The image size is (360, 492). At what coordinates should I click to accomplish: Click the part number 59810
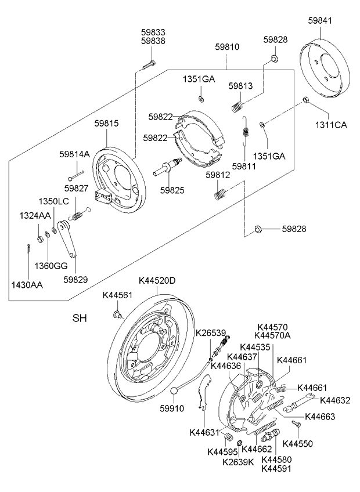[x=228, y=46]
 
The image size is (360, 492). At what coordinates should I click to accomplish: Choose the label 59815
[x=107, y=123]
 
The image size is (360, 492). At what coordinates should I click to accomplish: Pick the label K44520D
[x=157, y=281]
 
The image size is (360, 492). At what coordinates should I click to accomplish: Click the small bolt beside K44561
[x=118, y=314]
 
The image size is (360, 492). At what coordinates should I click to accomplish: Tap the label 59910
[x=172, y=408]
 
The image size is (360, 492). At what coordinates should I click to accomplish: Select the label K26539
[x=210, y=333]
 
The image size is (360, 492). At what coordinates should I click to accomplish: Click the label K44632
[x=335, y=400]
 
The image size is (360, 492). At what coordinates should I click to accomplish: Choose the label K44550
[x=297, y=443]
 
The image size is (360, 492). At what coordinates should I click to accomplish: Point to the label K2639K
[x=239, y=462]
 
